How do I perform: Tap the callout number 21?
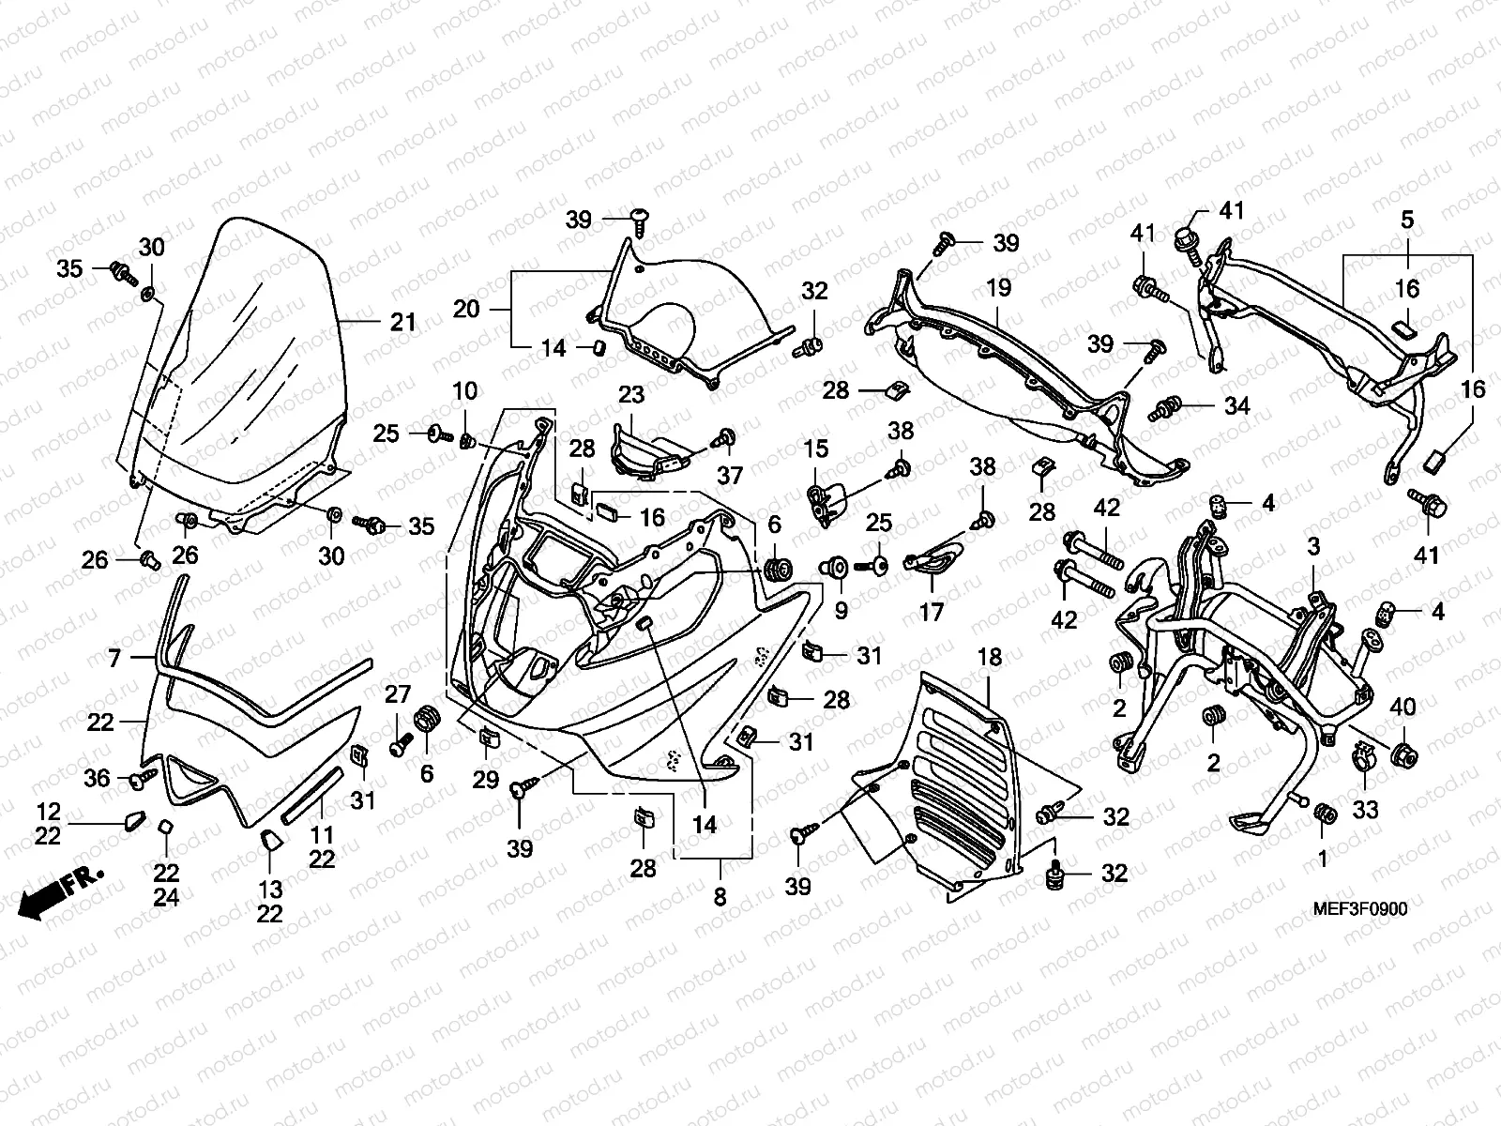point(402,322)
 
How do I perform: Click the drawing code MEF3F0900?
point(1360,909)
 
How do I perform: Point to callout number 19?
point(998,287)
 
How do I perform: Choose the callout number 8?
point(720,896)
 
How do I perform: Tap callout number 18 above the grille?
point(990,658)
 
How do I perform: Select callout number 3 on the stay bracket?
point(1313,546)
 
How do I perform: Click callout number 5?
point(1406,220)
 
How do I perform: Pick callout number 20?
point(466,309)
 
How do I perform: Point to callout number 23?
point(631,394)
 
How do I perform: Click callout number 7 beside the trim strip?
point(114,658)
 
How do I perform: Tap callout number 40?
point(1402,707)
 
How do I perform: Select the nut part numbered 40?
point(1404,754)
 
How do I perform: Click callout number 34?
point(1237,406)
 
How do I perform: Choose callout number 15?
point(816,449)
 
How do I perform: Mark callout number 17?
point(931,612)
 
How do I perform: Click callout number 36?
point(97,778)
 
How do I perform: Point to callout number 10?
point(465,391)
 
